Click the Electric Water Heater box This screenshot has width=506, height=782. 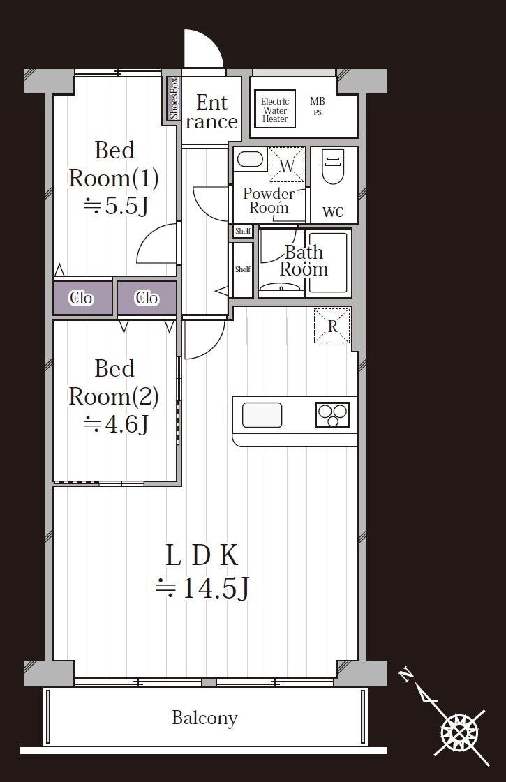[275, 107]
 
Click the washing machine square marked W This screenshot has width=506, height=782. [286, 165]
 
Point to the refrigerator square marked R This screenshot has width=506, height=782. [332, 326]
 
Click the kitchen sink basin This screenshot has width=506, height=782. [262, 415]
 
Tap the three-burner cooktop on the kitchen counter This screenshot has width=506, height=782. [332, 415]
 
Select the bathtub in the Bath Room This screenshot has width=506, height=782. [328, 262]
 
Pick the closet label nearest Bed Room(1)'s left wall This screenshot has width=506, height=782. [81, 299]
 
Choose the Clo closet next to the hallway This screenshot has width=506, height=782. [147, 299]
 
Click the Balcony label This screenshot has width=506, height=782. [204, 718]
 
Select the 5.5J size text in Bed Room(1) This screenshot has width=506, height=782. [116, 205]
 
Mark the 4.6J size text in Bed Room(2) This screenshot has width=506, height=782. [116, 424]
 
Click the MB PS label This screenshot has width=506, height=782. [318, 106]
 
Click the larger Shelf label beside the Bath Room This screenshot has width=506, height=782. [242, 269]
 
